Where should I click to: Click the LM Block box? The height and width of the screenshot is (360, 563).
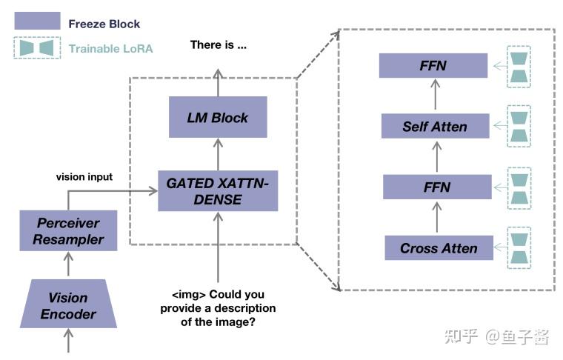click(x=218, y=117)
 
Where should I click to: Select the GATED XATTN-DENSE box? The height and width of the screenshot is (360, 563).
click(x=218, y=191)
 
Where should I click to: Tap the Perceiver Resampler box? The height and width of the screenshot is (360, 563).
click(x=68, y=231)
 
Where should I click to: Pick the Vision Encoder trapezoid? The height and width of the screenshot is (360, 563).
click(x=68, y=304)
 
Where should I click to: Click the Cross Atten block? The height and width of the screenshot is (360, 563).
click(x=439, y=248)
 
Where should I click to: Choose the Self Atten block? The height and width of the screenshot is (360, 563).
click(x=435, y=126)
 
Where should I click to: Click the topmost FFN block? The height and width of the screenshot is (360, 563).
click(x=433, y=65)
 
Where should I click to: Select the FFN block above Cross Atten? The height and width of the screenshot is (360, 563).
click(x=437, y=187)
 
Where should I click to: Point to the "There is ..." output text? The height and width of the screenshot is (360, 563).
click(x=219, y=45)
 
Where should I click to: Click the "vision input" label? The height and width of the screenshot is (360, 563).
click(x=84, y=176)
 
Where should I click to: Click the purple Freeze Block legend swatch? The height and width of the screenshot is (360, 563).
click(x=37, y=21)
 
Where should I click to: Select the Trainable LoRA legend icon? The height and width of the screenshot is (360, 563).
click(x=37, y=47)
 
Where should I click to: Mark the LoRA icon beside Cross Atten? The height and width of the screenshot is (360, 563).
click(x=519, y=248)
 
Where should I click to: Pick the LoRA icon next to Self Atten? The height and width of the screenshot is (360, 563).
click(x=519, y=126)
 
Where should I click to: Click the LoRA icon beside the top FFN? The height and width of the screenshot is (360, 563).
click(x=519, y=67)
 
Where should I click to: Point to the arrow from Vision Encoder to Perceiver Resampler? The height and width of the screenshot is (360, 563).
click(x=68, y=264)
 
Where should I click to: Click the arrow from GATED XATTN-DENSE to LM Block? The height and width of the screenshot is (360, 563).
click(x=218, y=154)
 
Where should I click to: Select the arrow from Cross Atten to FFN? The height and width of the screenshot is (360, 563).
click(x=437, y=217)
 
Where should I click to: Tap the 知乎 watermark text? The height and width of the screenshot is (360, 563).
click(x=461, y=336)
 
